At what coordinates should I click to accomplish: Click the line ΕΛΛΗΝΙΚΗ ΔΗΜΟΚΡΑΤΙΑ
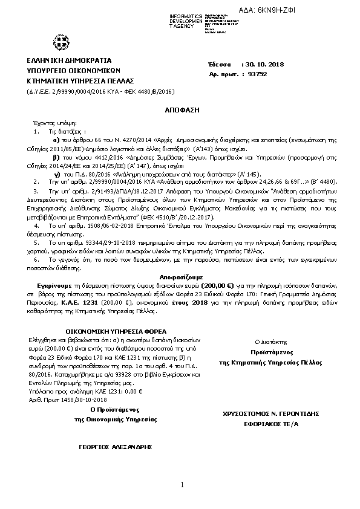click(x=65, y=61)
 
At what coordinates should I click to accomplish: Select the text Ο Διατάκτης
click(x=273, y=342)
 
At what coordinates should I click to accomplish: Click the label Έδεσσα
click(x=219, y=65)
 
